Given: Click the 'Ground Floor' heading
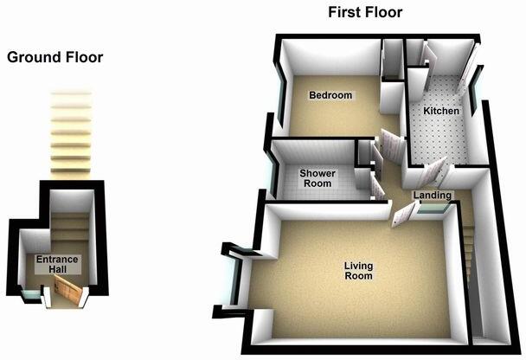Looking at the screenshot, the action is (55, 58).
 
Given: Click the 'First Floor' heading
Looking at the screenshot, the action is (364, 12).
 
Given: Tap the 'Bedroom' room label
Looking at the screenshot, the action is (331, 95).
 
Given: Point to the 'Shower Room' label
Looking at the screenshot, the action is (318, 178).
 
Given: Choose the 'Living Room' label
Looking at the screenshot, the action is (357, 271).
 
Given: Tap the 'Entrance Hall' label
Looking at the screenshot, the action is (57, 265).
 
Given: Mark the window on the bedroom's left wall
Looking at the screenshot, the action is (282, 91).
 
